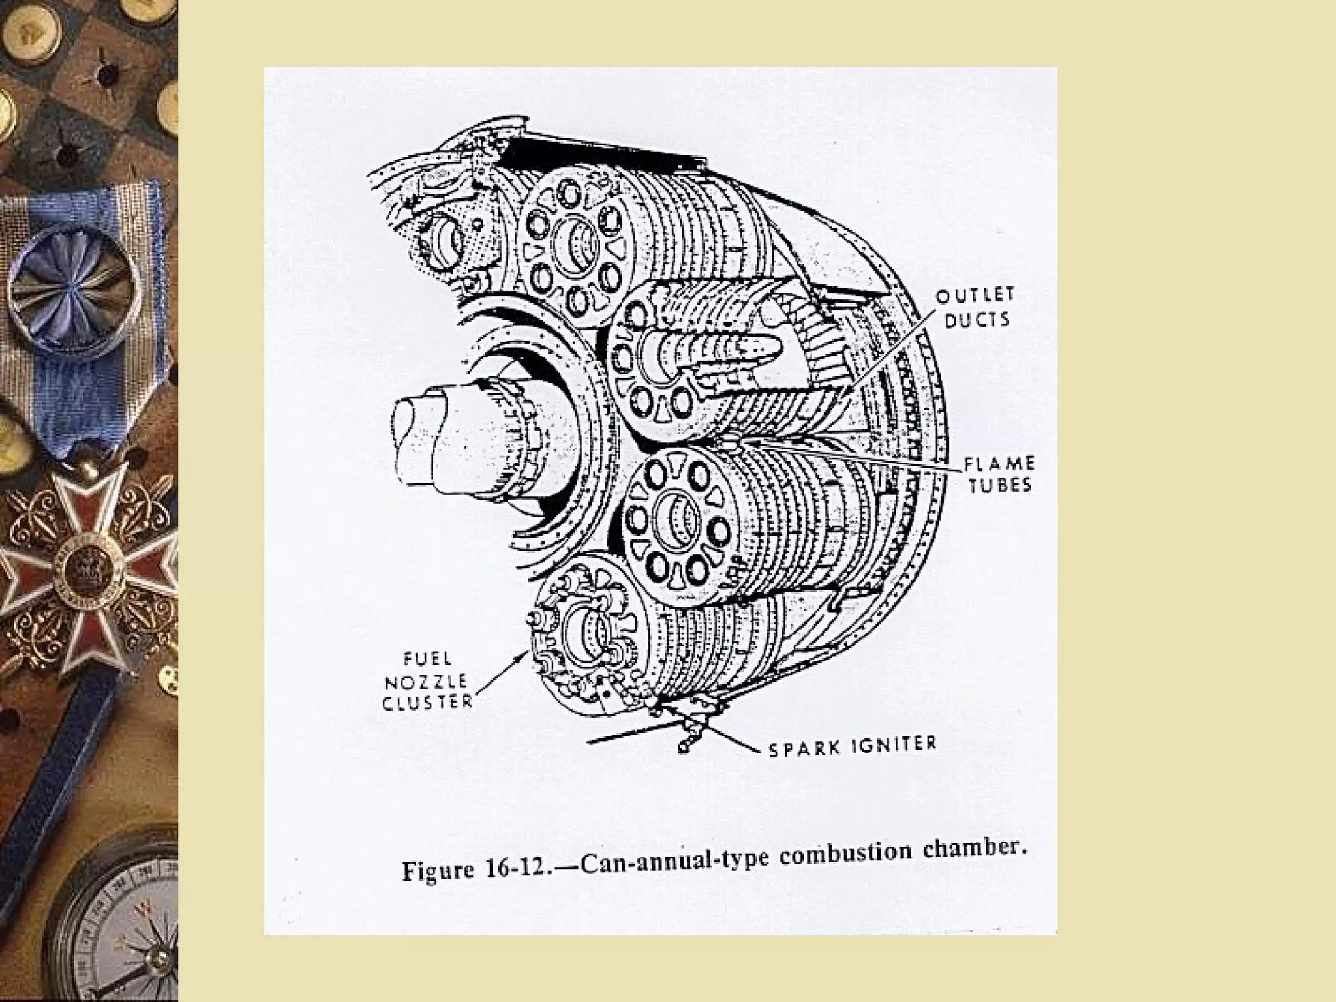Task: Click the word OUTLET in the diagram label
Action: tap(975, 296)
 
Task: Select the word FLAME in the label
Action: tap(999, 464)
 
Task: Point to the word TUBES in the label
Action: tap(999, 486)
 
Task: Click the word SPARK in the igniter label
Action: tap(803, 748)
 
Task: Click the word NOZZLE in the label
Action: tap(426, 682)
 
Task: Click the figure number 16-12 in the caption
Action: tap(515, 870)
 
